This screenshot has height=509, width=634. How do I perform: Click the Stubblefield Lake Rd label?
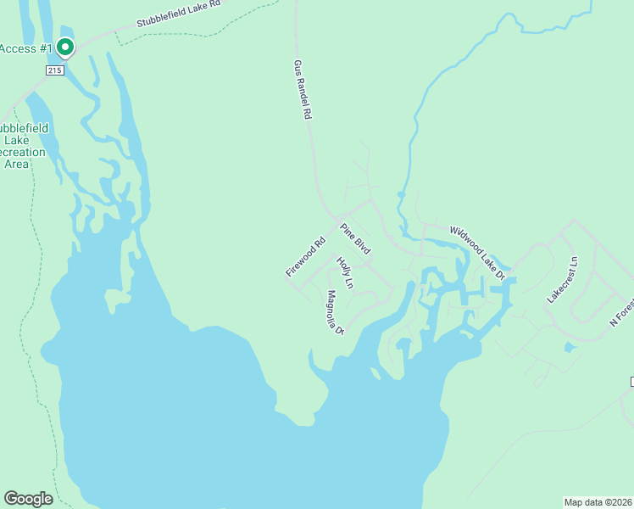178,15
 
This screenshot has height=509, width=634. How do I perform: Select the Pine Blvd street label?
356,238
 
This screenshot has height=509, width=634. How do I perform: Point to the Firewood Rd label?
306,257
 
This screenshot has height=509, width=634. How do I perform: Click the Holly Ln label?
344,272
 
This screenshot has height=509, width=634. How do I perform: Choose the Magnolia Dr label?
334,312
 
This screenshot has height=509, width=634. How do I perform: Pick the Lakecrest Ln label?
562,280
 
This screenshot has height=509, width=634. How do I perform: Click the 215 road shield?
54,70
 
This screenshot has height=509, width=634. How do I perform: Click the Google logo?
28,499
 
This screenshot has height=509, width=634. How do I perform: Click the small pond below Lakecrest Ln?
569,347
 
